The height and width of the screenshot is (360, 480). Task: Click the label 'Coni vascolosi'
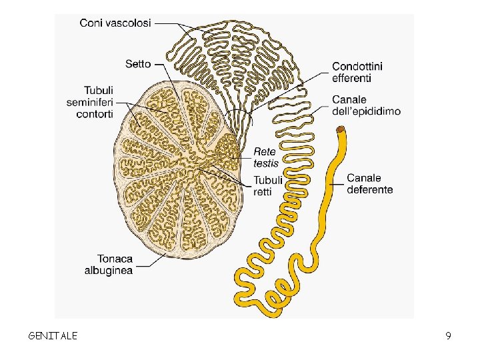pyautogui.click(x=115, y=23)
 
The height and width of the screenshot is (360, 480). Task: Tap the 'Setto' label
pyautogui.click(x=138, y=64)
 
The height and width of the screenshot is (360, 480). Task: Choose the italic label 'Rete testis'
pyautogui.click(x=265, y=157)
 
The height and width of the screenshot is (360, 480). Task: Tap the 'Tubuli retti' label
pyautogui.click(x=267, y=185)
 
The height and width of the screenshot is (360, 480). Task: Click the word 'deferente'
pyautogui.click(x=369, y=189)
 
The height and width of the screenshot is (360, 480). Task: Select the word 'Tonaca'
pyautogui.click(x=115, y=259)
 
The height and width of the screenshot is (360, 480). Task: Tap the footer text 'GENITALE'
pyautogui.click(x=53, y=335)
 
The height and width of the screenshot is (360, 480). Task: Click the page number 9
pyautogui.click(x=449, y=335)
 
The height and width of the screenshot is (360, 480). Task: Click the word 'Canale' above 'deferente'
pyautogui.click(x=363, y=178)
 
